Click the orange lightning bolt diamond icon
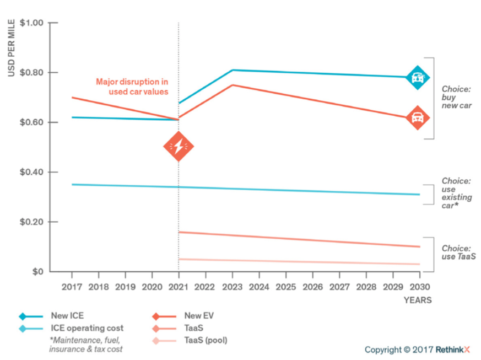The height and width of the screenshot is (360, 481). pos(179,146)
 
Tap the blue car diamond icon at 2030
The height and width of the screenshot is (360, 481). pos(417,78)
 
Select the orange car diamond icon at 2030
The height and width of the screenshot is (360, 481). pos(417,118)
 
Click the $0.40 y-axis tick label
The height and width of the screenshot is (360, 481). pos(32,173)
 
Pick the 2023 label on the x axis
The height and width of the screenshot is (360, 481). pos(233,287)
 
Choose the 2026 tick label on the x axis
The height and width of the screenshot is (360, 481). pos(313,287)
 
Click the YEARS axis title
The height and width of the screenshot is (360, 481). pos(418,300)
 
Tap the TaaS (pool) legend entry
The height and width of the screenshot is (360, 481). pos(205,340)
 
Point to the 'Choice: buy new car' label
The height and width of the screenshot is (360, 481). pos(455,96)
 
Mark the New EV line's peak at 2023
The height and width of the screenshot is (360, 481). pos(233,85)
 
